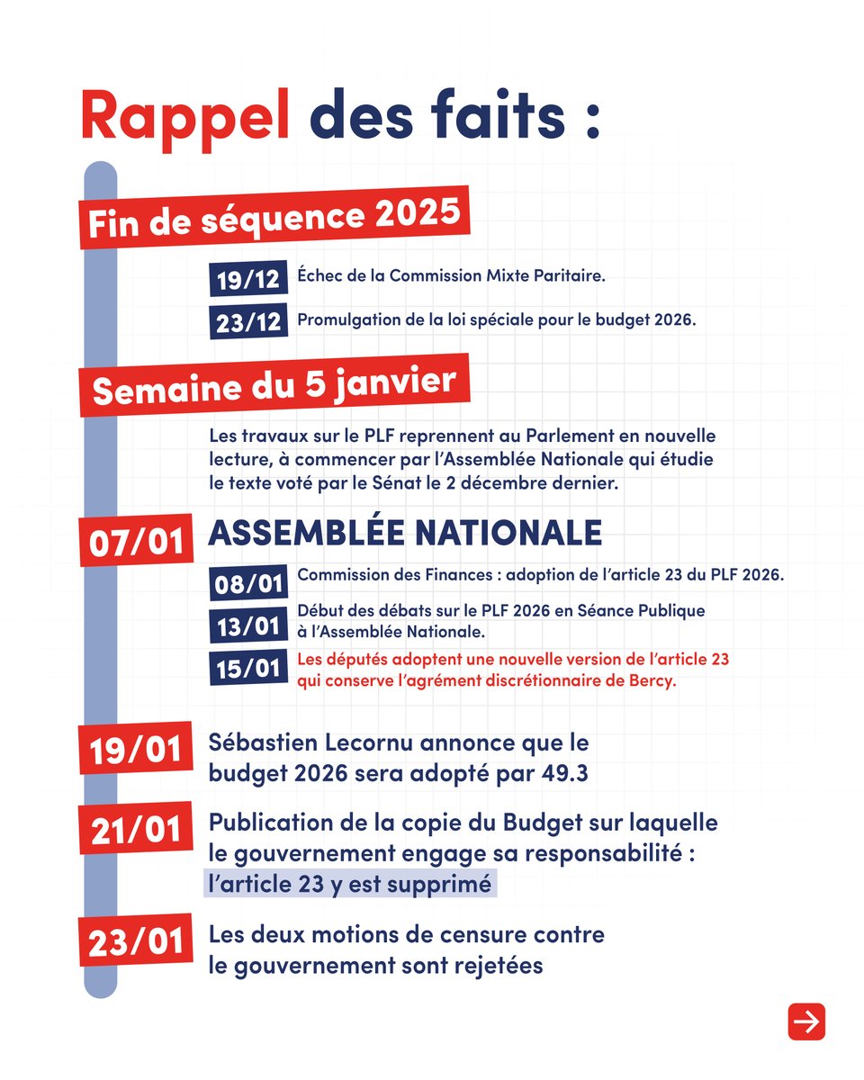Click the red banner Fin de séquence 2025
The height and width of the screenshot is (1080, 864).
[273, 218]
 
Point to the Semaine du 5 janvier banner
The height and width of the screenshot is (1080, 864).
[274, 389]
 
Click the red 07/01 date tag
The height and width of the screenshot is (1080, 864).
[136, 541]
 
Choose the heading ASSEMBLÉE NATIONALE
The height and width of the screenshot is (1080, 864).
[405, 533]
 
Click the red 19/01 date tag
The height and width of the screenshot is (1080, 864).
[136, 749]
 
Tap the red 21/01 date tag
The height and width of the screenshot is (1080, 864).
[136, 828]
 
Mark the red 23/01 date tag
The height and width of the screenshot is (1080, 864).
[136, 940]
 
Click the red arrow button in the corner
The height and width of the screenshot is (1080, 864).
[806, 1021]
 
